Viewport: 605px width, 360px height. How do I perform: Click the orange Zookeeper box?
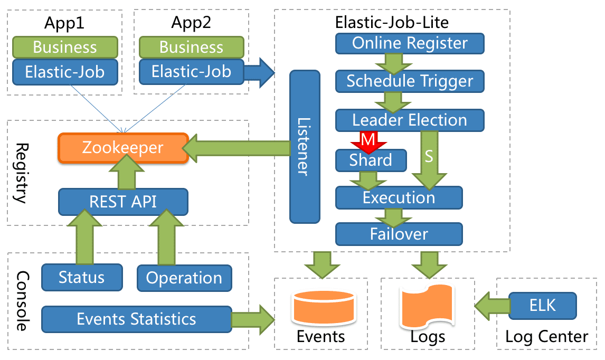click(122, 148)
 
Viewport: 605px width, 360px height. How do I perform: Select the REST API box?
click(122, 202)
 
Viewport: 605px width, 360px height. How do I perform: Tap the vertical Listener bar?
click(305, 147)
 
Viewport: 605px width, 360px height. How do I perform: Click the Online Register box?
click(410, 43)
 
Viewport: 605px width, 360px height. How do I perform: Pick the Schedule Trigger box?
click(410, 81)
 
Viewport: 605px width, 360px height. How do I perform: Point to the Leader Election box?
click(410, 120)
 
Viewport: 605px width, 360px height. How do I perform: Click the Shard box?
click(371, 160)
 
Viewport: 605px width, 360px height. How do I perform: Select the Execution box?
click(399, 198)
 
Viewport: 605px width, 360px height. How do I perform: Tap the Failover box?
click(399, 233)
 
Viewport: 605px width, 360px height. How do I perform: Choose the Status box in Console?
click(81, 277)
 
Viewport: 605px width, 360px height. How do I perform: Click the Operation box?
click(184, 278)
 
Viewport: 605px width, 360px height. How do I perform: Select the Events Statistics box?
click(136, 319)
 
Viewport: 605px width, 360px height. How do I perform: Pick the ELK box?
click(542, 306)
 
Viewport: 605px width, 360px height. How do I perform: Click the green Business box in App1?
click(65, 47)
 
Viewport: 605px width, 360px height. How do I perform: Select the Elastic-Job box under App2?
click(191, 71)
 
